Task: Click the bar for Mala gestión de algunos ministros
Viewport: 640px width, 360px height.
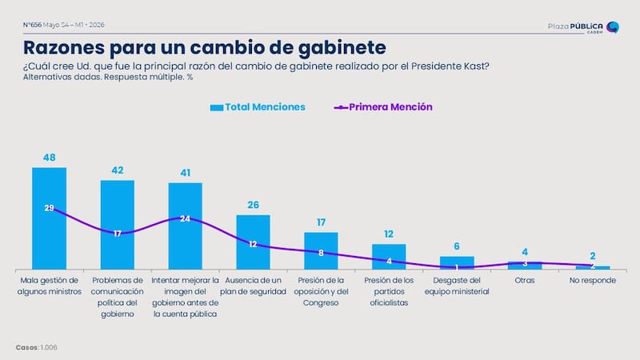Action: tap(50, 218)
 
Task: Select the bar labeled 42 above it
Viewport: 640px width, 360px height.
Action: tap(118, 225)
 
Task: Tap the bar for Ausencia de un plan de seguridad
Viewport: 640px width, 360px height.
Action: tap(253, 242)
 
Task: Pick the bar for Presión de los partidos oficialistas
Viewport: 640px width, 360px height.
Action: tap(389, 257)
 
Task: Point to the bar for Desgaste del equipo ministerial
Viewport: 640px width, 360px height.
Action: tap(457, 263)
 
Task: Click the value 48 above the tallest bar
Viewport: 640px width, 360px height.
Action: tap(50, 158)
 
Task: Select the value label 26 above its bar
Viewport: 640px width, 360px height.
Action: tap(253, 205)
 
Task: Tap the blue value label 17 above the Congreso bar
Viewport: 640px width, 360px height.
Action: tap(322, 222)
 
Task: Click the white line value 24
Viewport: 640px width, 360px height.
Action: tap(186, 218)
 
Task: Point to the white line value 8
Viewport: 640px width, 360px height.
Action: tap(322, 253)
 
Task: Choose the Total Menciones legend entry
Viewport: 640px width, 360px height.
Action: tap(258, 107)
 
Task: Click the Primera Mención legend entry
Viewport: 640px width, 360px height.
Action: tap(383, 107)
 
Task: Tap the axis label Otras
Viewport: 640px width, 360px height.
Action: tap(525, 281)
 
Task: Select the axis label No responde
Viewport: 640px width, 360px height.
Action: tap(593, 281)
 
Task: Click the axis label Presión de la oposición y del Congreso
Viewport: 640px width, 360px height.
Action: tap(322, 291)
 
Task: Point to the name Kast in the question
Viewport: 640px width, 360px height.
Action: tap(476, 66)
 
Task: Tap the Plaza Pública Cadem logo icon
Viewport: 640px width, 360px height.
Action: tap(613, 27)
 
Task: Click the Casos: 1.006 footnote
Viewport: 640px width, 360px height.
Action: tap(37, 347)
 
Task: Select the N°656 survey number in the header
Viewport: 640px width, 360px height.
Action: tap(32, 25)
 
